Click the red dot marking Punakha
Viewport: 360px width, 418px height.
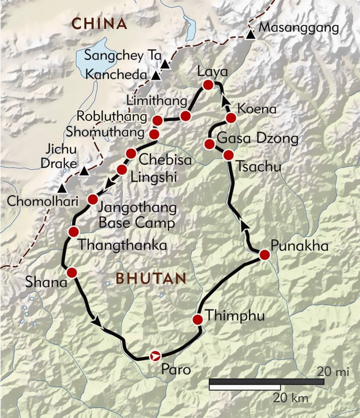(x=264, y=255)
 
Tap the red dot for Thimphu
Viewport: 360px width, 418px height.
(x=198, y=320)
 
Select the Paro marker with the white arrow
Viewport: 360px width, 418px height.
(x=155, y=356)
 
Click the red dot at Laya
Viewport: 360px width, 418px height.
(x=208, y=85)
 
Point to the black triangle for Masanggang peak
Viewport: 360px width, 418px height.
(x=251, y=35)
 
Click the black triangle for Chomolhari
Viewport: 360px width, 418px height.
(x=61, y=189)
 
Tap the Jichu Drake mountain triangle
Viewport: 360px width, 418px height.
(x=84, y=172)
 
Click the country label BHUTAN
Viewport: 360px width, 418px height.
(x=151, y=278)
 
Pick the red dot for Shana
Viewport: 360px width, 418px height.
(x=72, y=272)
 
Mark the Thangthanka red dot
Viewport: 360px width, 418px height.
(x=73, y=231)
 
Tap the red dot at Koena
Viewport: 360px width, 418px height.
(x=231, y=118)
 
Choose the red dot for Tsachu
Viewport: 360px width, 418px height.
(x=228, y=155)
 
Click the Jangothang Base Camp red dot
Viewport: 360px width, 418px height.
(x=93, y=199)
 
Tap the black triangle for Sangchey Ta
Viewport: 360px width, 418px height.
(x=165, y=65)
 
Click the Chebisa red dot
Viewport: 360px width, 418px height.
(x=131, y=153)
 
